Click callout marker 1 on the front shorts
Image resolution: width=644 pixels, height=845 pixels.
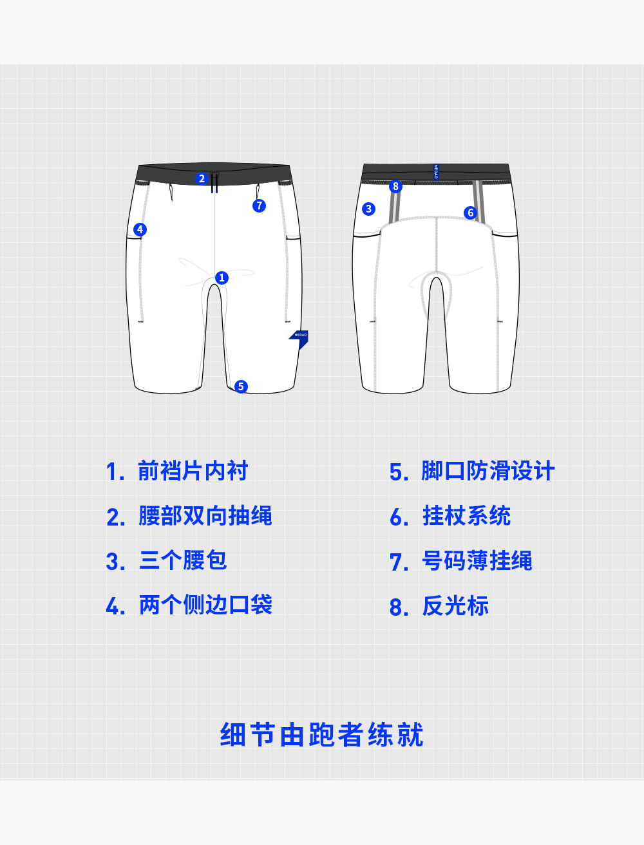pyautogui.click(x=222, y=278)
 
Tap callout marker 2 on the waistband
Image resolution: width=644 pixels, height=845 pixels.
pyautogui.click(x=202, y=178)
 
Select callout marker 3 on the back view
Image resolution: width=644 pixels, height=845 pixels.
pyautogui.click(x=368, y=209)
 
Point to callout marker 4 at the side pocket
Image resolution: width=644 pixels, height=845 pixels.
pyautogui.click(x=140, y=229)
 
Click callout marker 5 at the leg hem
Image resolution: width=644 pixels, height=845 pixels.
pyautogui.click(x=241, y=386)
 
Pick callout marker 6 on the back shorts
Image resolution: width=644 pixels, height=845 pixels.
pyautogui.click(x=470, y=213)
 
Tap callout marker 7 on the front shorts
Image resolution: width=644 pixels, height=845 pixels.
pyautogui.click(x=259, y=205)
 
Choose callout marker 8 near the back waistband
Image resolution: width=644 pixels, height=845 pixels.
pyautogui.click(x=395, y=186)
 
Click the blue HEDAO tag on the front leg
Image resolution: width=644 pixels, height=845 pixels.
pyautogui.click(x=299, y=337)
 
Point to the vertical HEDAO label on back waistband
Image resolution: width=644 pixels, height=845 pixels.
pyautogui.click(x=436, y=172)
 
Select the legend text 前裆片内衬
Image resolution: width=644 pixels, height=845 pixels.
pyautogui.click(x=193, y=471)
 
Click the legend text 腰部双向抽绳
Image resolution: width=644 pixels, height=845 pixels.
pyautogui.click(x=205, y=516)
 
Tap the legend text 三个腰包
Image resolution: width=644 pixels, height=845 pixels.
pyautogui.click(x=183, y=560)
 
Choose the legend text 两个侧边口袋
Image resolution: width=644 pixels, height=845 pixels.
pyautogui.click(x=205, y=605)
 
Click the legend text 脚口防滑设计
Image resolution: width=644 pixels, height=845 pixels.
pyautogui.click(x=488, y=471)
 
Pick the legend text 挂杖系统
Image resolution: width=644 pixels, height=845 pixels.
pyautogui.click(x=466, y=516)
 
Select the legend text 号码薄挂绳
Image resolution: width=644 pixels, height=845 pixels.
pyautogui.click(x=477, y=561)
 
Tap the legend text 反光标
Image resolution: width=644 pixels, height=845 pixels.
pyautogui.click(x=455, y=606)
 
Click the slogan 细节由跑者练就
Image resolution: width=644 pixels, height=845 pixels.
pyautogui.click(x=321, y=735)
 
